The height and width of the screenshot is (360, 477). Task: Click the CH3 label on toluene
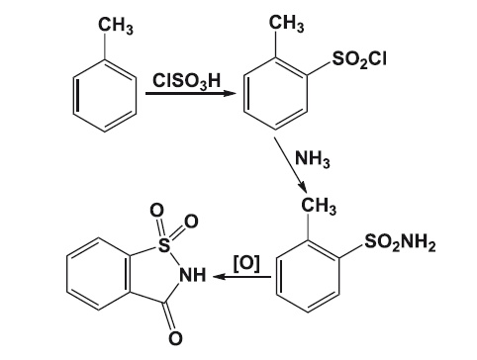pos(116,26)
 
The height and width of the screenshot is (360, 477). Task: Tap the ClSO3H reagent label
pos(186,81)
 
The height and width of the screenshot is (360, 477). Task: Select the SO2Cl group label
pos(359,59)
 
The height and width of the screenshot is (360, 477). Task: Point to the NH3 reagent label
pos(313,158)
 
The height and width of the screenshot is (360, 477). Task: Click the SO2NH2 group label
pos(400,243)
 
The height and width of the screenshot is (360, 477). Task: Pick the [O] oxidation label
pos(246,263)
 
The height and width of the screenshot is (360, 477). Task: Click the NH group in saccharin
pos(192,275)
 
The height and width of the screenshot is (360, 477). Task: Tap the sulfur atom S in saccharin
pos(164,245)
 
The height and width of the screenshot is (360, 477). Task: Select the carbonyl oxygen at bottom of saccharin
pos(175,338)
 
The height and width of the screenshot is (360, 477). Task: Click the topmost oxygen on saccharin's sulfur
pos(156,211)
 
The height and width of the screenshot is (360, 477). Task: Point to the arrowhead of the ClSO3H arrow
pos(230,94)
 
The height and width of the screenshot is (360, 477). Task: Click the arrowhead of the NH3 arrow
pos(303,188)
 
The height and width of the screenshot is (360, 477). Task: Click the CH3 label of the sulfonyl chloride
pos(286,24)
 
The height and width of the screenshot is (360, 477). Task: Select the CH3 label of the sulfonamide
pos(319,206)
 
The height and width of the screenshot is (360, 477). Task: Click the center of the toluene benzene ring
pos(105,96)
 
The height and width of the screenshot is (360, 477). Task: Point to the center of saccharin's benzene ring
pos(98,275)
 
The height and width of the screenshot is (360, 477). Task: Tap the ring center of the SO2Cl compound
pos(275,94)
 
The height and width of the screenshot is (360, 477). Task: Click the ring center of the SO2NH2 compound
pos(308,276)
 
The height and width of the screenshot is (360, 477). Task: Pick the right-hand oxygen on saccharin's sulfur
pos(191,222)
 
